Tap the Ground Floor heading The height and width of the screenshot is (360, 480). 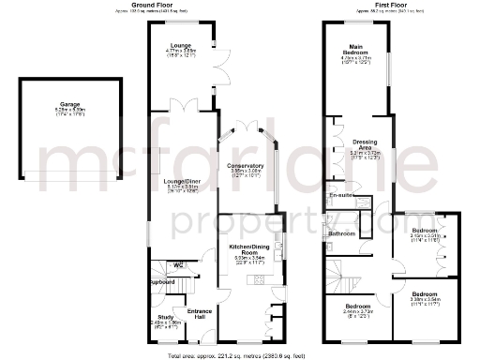pos(156,5)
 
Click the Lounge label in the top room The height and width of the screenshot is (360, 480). pos(180,44)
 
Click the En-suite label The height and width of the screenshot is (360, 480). pos(340,195)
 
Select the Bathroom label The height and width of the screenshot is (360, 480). pos(340,232)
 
